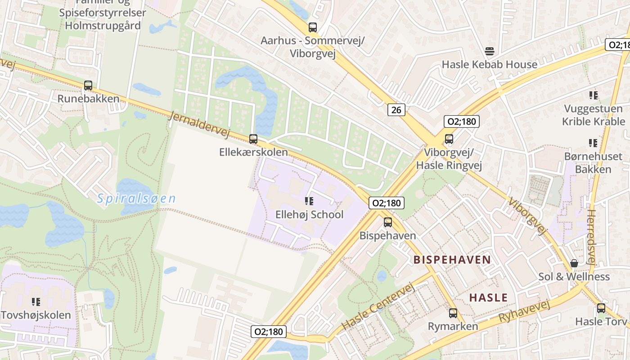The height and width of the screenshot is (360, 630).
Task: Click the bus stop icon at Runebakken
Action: [x=88, y=85]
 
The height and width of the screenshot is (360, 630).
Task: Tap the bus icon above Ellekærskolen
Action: [x=253, y=139]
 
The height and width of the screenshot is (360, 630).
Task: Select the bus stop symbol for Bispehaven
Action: [x=388, y=222]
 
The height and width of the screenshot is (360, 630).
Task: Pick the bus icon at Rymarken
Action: [x=453, y=313]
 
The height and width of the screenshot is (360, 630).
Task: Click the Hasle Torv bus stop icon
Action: [x=601, y=308]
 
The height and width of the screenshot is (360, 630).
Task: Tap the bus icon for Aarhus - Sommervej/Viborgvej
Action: [x=313, y=27]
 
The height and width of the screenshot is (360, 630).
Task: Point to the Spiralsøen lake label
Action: [x=136, y=198]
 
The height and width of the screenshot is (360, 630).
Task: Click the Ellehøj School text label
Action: [x=309, y=215]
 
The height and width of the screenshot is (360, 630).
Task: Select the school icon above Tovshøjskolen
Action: [x=36, y=302]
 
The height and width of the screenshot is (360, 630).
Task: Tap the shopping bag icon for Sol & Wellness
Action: [x=574, y=263]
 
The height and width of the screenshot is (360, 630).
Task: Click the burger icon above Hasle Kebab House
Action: [x=490, y=51]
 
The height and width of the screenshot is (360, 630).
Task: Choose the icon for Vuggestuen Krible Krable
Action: [x=594, y=95]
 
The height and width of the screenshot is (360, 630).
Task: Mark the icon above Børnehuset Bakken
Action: [x=594, y=144]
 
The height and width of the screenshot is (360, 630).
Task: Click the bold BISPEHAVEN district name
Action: [x=452, y=260]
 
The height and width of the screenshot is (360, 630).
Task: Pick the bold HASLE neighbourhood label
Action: [x=488, y=297]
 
